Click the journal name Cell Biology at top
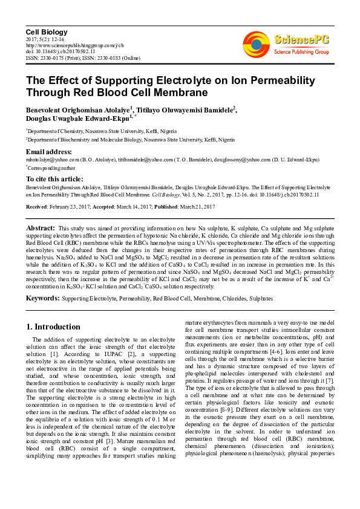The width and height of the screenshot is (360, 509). click(x=47, y=31)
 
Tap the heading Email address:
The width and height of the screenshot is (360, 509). click(x=50, y=151)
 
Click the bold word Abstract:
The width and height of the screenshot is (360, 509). click(x=41, y=227)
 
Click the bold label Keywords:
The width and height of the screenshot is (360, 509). click(x=42, y=298)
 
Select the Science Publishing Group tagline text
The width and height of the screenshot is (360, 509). click(x=301, y=53)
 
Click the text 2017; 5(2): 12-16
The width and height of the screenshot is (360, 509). click(x=45, y=39)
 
